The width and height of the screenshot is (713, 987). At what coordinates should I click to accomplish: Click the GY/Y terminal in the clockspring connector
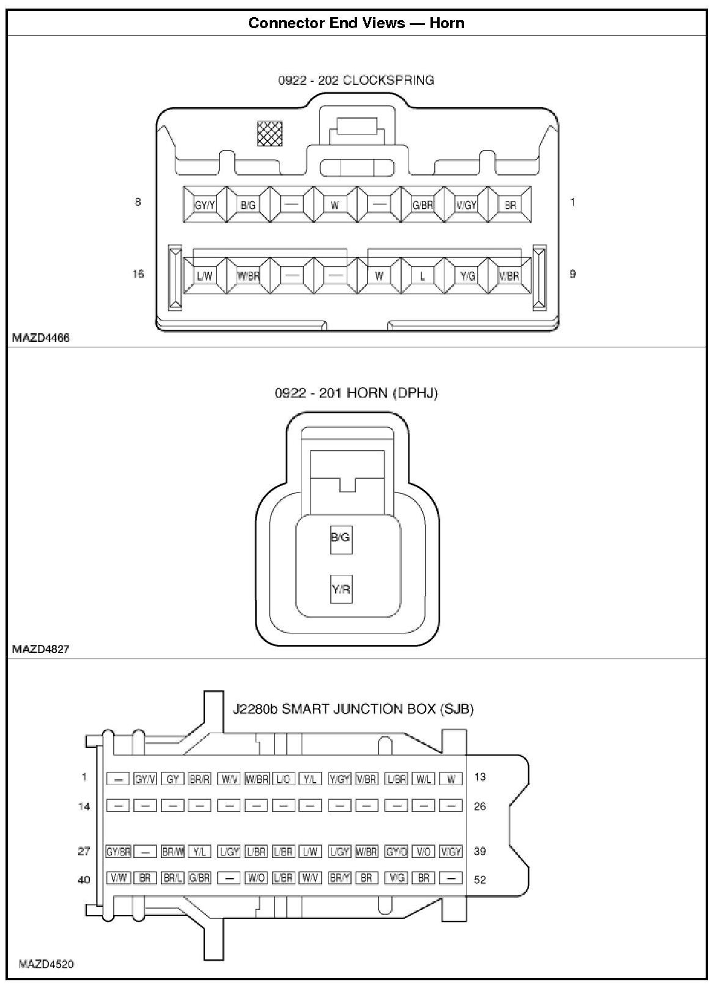coord(205,205)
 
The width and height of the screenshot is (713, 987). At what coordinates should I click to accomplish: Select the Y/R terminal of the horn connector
coord(341,590)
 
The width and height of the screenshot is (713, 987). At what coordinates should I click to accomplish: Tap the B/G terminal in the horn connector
coord(341,538)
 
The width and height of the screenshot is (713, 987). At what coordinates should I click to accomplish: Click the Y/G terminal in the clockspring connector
coord(467,276)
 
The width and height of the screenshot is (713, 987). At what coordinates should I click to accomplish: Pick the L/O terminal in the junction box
coord(283,779)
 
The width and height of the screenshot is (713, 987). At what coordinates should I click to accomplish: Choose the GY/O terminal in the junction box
coord(396,851)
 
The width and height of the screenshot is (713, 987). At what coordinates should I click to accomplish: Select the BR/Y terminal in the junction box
coord(340,878)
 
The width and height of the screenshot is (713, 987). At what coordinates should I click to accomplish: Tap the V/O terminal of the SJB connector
coord(423,851)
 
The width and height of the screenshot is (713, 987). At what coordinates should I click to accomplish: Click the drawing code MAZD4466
coord(40,338)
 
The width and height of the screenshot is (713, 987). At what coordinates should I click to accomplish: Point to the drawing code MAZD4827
coord(40,649)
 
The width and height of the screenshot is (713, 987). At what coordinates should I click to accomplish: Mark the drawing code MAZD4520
coord(46,964)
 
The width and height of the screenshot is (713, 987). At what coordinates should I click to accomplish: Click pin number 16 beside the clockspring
coord(138,274)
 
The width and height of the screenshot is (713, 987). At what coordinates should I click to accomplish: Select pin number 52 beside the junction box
coord(480,880)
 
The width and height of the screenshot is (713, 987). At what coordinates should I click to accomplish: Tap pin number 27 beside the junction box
coord(84,851)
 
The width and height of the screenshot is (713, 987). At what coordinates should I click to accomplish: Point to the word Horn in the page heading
coord(446,23)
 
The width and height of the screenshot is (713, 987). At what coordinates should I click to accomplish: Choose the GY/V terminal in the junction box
coord(146,779)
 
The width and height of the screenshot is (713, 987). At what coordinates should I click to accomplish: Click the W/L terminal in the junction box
coord(423,779)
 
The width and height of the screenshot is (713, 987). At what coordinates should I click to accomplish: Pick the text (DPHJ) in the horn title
coord(418,393)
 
